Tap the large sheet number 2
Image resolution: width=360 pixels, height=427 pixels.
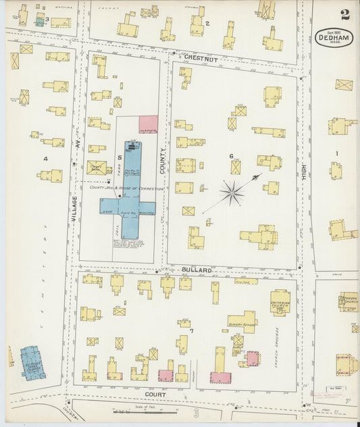pyautogui.click(x=345, y=14)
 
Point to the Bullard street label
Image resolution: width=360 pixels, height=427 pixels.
pyautogui.click(x=197, y=270)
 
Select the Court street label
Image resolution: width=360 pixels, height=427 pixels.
pyautogui.click(x=156, y=393)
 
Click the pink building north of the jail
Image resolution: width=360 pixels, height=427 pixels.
pyautogui.click(x=148, y=124)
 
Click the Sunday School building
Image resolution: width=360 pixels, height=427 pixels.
pyautogui.click(x=242, y=322)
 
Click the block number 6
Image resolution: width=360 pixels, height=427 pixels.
pyautogui.click(x=231, y=156)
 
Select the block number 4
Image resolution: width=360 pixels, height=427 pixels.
pyautogui.click(x=45, y=159)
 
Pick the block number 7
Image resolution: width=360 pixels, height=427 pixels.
pyautogui.click(x=191, y=331)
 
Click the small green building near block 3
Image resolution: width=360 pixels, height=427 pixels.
pyautogui.click(x=39, y=22)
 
